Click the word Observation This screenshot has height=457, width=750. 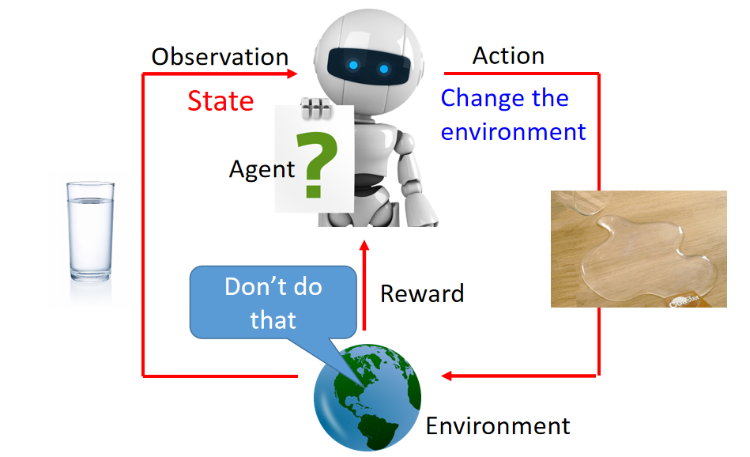pos(220,57)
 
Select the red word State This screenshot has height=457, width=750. pos(220,101)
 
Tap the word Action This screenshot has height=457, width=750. pos(508,55)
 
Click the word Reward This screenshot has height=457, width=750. pos(422,293)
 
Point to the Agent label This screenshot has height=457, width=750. pos(262,169)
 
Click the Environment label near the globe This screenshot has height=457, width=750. pos(498,426)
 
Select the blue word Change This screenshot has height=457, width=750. pos(483,98)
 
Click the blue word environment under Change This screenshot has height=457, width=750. pos(513,131)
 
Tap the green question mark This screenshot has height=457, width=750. pos(316,165)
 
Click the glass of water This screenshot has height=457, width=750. pos(90,231)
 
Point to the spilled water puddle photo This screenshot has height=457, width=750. pos(639,249)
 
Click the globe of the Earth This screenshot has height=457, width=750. pos(367,397)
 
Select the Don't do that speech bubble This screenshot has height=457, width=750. pos(273,303)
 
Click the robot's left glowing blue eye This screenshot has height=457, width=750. pos(353,65)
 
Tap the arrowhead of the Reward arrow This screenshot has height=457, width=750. pos(364,245)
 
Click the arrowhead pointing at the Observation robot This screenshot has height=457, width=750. pos(292,74)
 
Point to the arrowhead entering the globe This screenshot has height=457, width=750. pos(447,376)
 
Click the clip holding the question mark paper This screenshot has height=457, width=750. pos(315,108)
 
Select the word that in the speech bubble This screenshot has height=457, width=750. pos(273,319)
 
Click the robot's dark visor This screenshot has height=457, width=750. pos(368,66)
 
